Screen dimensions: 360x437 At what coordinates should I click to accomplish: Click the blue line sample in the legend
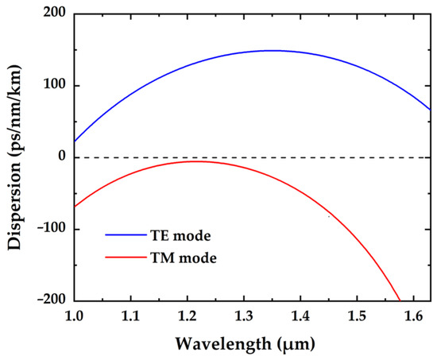[123, 236]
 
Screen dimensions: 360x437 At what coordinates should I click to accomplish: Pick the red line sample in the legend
[123, 257]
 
